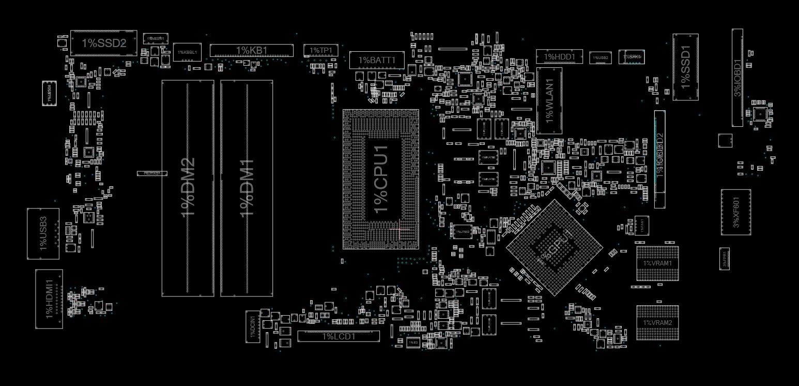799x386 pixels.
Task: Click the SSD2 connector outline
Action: pyautogui.click(x=103, y=43)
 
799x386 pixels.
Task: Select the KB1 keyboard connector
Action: pyautogui.click(x=251, y=50)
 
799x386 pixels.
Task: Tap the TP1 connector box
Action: pyautogui.click(x=320, y=50)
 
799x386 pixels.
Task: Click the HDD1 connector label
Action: pyautogui.click(x=559, y=56)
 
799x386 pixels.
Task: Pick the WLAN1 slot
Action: pyautogui.click(x=549, y=100)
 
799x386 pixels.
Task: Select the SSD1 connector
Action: pyautogui.click(x=685, y=67)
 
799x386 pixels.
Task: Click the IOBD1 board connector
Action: pyautogui.click(x=737, y=78)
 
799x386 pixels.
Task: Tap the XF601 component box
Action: pyautogui.click(x=736, y=212)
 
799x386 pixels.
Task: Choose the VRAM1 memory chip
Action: pyautogui.click(x=657, y=263)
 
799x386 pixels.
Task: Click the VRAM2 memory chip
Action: pyautogui.click(x=657, y=322)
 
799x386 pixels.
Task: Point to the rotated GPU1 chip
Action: pyautogui.click(x=555, y=247)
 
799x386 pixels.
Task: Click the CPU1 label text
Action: pyautogui.click(x=381, y=179)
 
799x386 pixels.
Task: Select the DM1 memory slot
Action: pyautogui.click(x=247, y=188)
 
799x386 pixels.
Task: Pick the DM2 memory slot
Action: pyautogui.click(x=188, y=188)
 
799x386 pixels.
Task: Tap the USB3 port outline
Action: pyautogui.click(x=43, y=233)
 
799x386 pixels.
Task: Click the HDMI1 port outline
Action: pyautogui.click(x=49, y=299)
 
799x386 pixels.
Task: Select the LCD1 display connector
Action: pyautogui.click(x=339, y=336)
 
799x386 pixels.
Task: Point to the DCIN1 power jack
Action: pyautogui.click(x=253, y=326)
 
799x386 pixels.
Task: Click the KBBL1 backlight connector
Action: pyautogui.click(x=187, y=52)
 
